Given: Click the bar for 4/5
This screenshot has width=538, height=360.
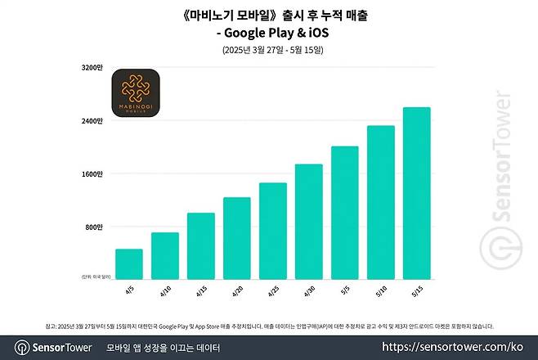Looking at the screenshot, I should (129, 263).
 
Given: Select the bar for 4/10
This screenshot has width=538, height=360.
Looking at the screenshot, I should (165, 255).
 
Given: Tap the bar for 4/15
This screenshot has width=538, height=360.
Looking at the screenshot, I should (201, 245).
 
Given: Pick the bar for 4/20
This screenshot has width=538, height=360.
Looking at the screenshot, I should (237, 238).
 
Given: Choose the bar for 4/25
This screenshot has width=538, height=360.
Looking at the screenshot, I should (273, 231).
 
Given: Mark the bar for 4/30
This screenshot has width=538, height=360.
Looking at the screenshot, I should (309, 221).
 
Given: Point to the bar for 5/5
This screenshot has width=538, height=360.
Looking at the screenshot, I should (345, 212).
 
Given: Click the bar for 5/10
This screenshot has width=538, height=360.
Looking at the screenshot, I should (381, 202).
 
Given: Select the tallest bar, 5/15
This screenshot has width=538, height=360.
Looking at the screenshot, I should (417, 193).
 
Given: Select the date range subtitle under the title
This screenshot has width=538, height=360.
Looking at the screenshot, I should (273, 50).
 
